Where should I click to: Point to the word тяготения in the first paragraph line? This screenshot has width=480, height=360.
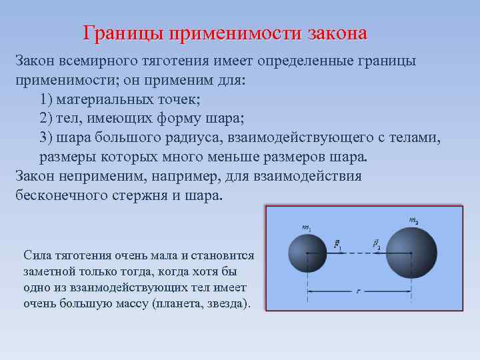(x=175, y=61)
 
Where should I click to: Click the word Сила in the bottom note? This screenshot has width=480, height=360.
(x=35, y=255)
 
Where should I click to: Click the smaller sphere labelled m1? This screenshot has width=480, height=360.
(x=307, y=253)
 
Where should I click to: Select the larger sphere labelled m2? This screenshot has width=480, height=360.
(x=411, y=253)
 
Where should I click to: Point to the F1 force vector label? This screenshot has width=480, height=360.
(x=338, y=244)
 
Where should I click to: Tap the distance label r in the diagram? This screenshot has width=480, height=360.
(x=358, y=291)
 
